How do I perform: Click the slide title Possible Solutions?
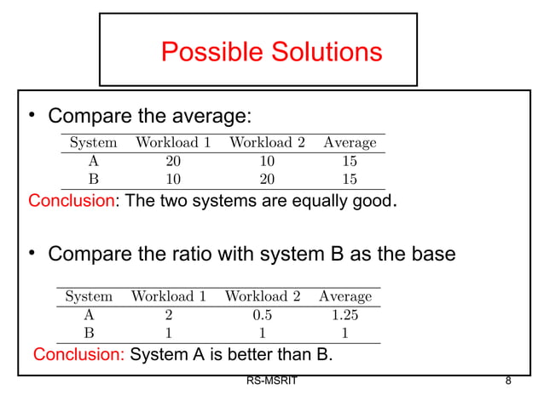click(271, 52)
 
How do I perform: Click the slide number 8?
click(508, 381)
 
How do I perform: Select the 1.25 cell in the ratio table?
click(345, 315)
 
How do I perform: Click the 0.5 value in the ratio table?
click(262, 315)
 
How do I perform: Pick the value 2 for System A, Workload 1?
click(168, 315)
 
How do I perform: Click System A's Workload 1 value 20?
click(173, 161)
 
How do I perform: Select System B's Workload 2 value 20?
click(267, 180)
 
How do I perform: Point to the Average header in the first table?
click(350, 142)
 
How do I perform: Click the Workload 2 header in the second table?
click(262, 296)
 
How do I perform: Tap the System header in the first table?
click(93, 142)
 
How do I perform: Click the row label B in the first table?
click(93, 180)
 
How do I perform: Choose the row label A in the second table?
click(89, 315)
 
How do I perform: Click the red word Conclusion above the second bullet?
click(70, 201)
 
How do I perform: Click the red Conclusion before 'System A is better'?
click(78, 355)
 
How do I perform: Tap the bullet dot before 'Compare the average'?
click(31, 114)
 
